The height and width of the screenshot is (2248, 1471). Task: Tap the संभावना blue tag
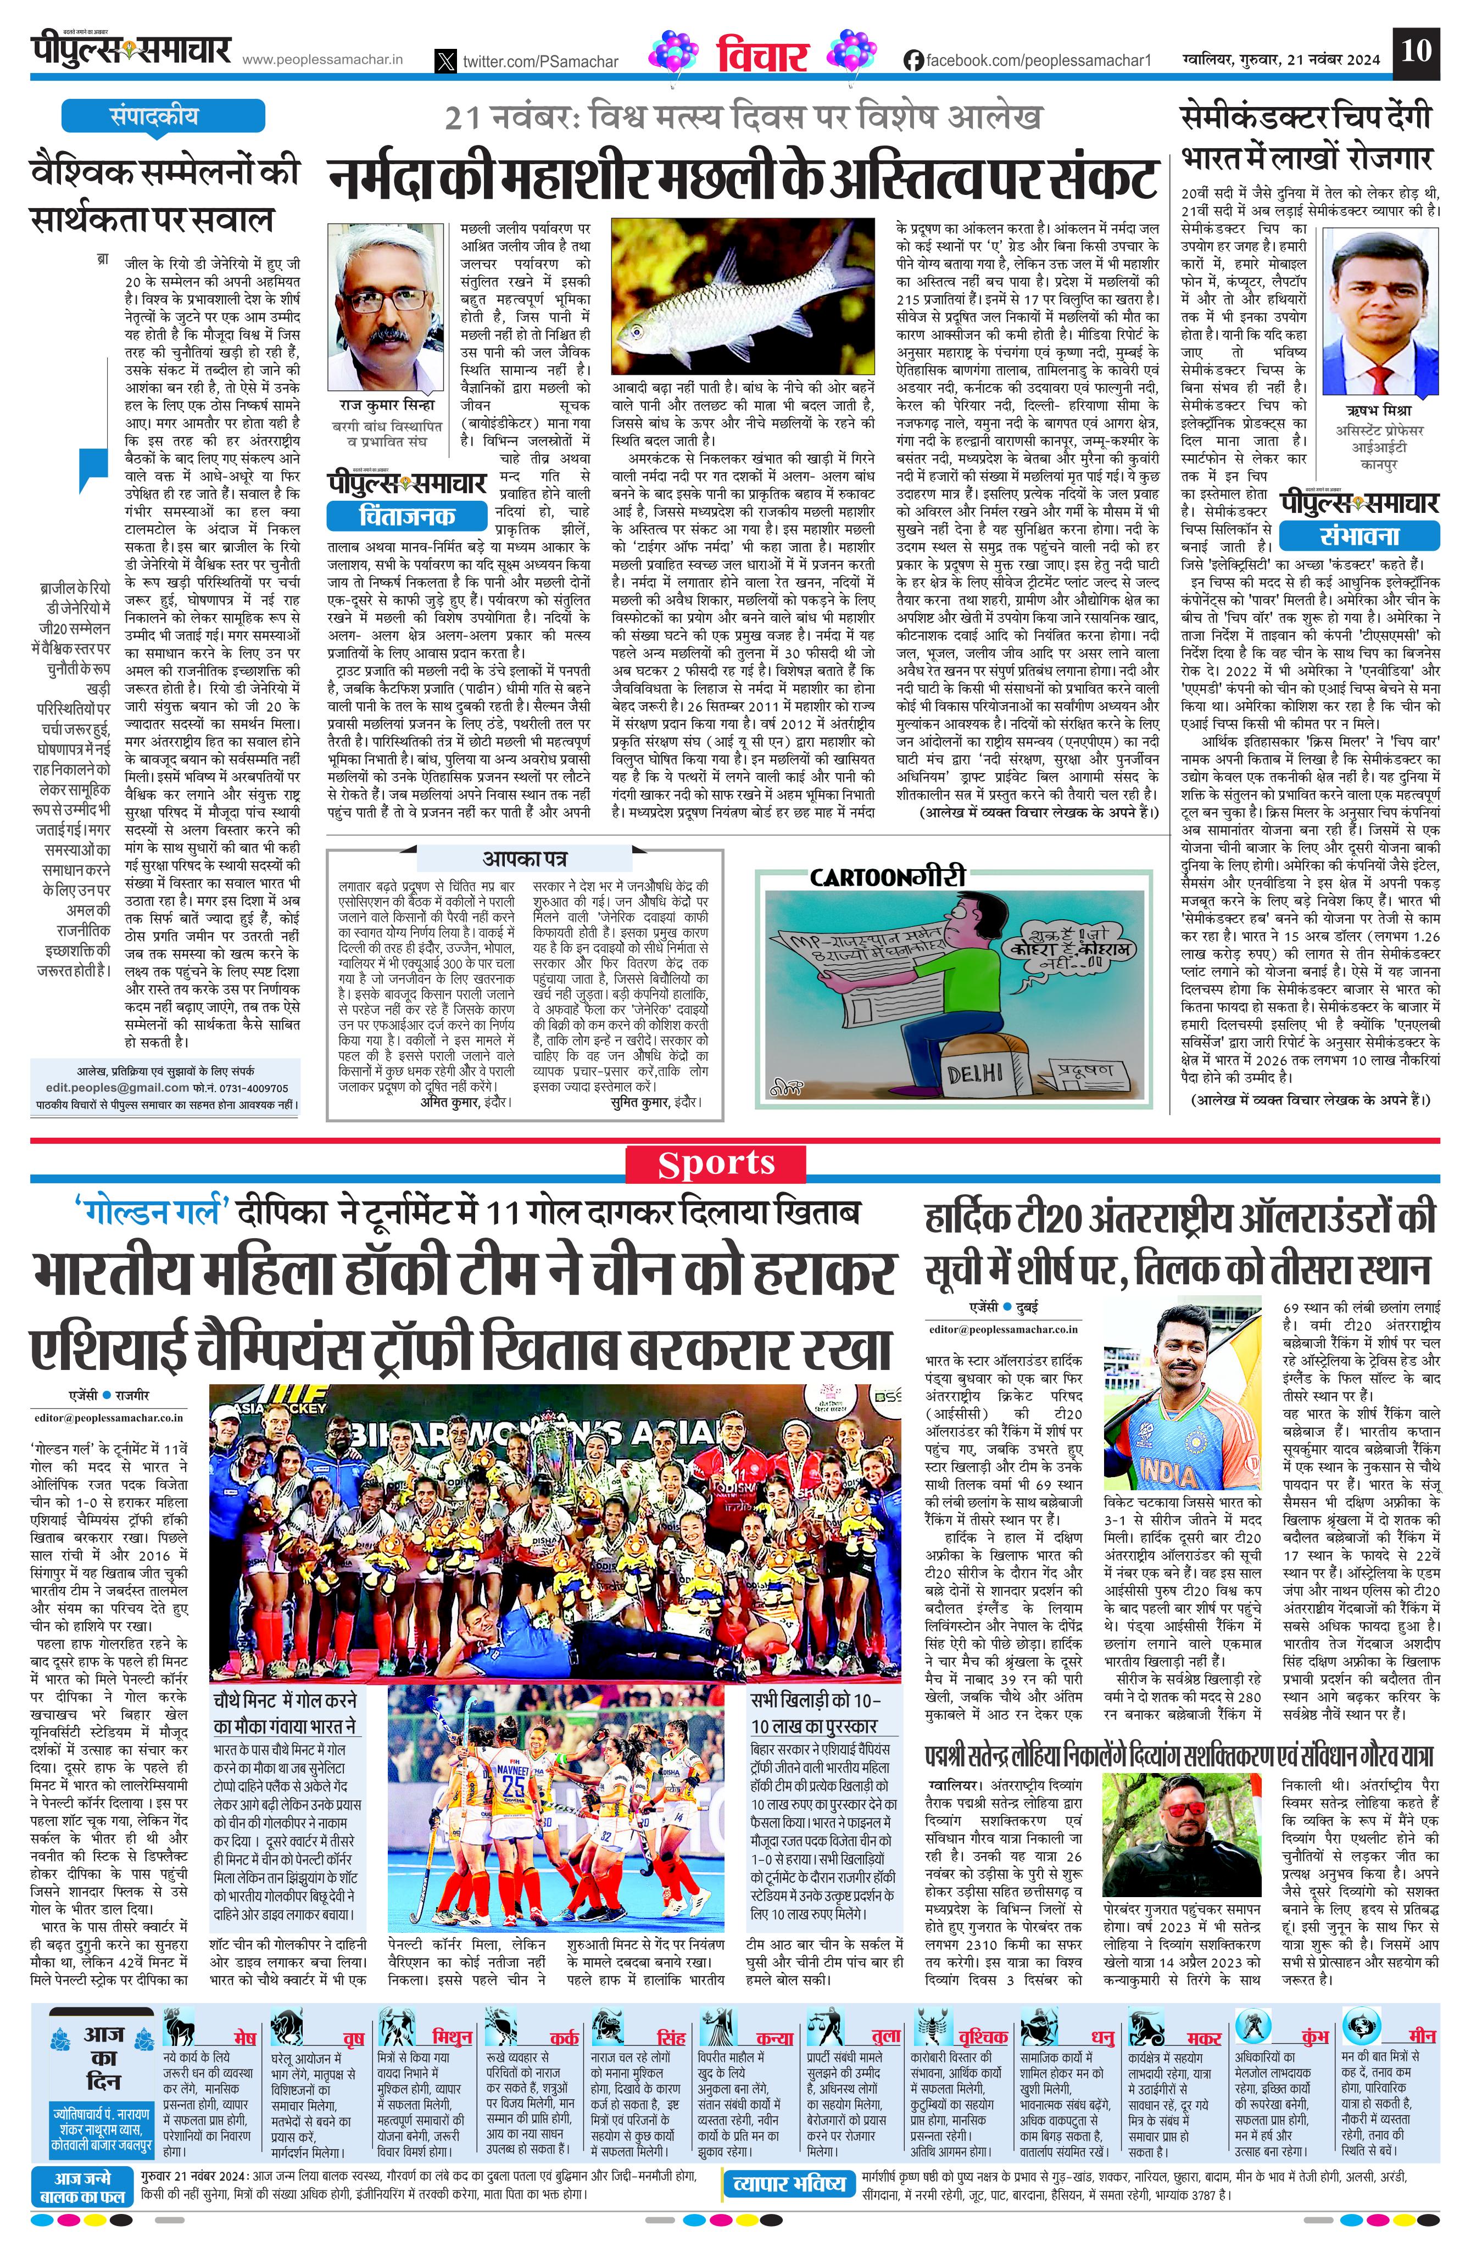tap(1359, 535)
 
